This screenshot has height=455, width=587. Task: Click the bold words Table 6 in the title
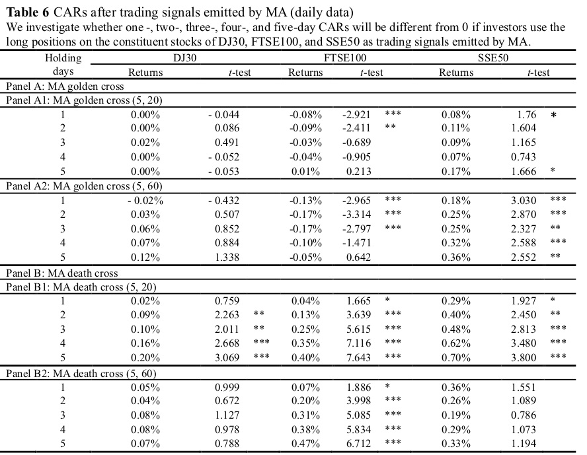pos(28,13)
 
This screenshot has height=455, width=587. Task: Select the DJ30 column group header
pos(185,58)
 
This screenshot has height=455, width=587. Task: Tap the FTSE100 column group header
pos(345,58)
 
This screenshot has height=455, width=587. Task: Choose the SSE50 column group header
pos(493,58)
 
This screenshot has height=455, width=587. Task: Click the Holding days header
pos(63,64)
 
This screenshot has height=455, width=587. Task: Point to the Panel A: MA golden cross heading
pos(65,87)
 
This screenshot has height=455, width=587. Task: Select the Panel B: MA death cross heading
pos(61,273)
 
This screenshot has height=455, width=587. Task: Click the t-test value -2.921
pos(356,114)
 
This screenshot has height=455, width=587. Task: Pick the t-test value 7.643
pos(358,357)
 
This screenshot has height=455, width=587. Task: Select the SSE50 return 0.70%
pos(455,357)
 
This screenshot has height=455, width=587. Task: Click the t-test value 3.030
pos(524,200)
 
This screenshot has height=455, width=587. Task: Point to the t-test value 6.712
pos(358,443)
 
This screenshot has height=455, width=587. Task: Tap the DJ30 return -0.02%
pos(145,200)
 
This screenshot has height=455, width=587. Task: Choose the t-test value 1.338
pos(227,258)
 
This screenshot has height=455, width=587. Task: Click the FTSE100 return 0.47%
pos(305,443)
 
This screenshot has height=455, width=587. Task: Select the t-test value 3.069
pos(227,357)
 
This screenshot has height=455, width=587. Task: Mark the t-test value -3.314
pos(356,215)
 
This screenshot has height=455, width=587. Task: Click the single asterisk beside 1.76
pos(553,115)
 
